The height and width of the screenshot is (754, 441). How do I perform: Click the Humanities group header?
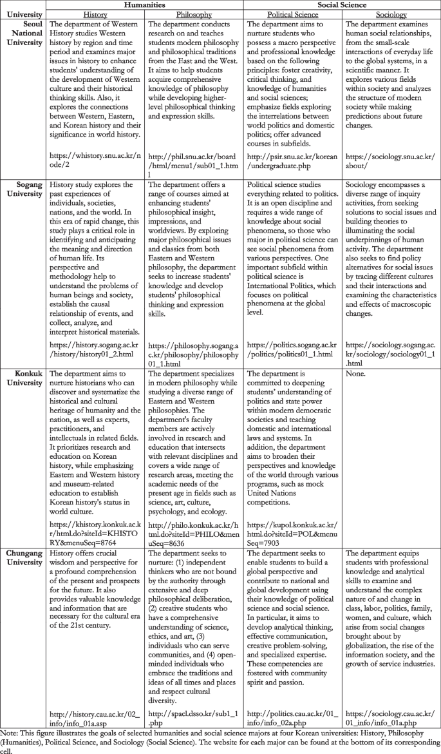145,5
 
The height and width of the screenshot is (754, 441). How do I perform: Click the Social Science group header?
341,5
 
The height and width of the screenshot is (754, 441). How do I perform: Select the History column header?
96,14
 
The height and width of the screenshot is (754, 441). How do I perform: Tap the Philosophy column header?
194,14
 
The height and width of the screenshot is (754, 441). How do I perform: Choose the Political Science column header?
293,14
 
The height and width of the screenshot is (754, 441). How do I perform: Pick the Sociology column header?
391,14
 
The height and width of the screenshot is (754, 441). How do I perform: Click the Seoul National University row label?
25,32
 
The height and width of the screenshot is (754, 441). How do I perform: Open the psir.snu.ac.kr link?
292,161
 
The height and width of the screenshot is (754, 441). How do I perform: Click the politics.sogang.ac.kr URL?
292,350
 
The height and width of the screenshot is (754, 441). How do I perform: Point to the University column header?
25,14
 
